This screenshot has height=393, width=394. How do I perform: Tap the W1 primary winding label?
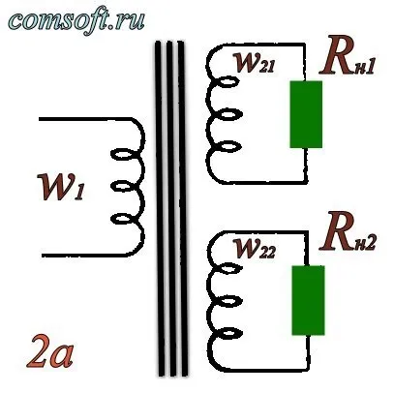point(61,187)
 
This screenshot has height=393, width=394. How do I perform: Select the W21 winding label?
point(255,63)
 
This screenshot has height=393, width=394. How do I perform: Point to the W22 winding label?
point(255,249)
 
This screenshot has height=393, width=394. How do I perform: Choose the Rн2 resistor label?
point(348,232)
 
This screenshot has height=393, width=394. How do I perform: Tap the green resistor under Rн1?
point(306,114)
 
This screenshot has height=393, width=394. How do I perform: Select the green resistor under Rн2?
point(308,300)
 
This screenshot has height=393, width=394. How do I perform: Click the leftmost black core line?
point(160,208)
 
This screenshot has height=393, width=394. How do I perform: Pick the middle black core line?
point(170,208)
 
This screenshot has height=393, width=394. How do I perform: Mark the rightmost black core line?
point(182,208)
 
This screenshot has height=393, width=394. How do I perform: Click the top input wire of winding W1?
point(85,119)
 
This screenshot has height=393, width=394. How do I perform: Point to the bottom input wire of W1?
point(87,256)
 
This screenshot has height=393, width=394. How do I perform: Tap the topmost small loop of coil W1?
point(125,154)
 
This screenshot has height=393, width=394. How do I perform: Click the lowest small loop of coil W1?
point(125,219)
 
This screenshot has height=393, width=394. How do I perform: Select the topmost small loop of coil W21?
point(225,81)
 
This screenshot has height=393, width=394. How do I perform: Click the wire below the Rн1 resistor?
point(305,165)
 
